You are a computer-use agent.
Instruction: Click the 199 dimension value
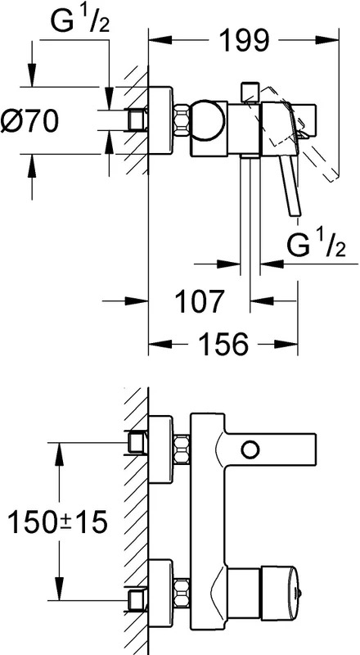pyautogui.click(x=244, y=40)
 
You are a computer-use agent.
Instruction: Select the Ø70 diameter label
pyautogui.click(x=29, y=121)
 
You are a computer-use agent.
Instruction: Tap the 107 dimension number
pyautogui.click(x=198, y=300)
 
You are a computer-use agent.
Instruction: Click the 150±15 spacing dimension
pyautogui.click(x=57, y=521)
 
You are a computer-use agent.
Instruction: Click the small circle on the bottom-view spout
pyautogui.click(x=250, y=449)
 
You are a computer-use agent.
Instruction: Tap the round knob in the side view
pyautogui.click(x=208, y=120)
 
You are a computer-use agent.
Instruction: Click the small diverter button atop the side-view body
pyautogui.click(x=250, y=92)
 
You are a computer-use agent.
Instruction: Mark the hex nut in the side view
pyautogui.click(x=182, y=120)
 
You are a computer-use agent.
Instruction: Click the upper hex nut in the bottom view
pyautogui.click(x=182, y=449)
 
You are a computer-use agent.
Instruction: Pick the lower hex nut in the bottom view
pyautogui.click(x=182, y=593)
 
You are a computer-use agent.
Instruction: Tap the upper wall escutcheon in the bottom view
pyautogui.click(x=161, y=449)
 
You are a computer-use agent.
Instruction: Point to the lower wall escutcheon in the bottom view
pyautogui.click(x=161, y=594)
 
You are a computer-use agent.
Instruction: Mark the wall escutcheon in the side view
pyautogui.click(x=161, y=120)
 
